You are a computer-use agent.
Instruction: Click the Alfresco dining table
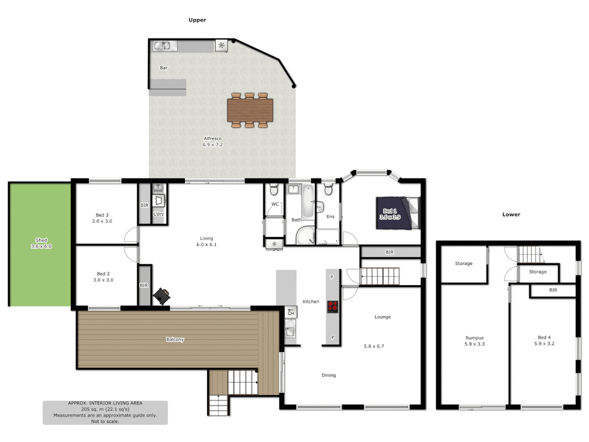[x=250, y=110]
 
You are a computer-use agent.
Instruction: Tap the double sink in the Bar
[x=162, y=46]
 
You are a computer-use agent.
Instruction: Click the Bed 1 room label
[x=390, y=211]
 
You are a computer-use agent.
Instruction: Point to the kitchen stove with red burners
[x=333, y=307]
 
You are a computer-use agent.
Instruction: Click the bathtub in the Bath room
[x=308, y=201]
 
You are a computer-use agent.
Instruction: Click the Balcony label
[x=175, y=339]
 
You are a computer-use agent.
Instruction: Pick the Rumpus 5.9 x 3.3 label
[x=474, y=341]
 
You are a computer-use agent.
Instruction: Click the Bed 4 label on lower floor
[x=544, y=338]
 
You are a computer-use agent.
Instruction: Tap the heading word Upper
[x=197, y=20]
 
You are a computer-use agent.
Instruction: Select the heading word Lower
[x=511, y=214]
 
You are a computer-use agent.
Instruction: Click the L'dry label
[x=158, y=214]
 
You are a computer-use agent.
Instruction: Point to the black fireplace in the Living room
[x=162, y=296]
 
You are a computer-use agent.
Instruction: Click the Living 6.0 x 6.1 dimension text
[x=207, y=245]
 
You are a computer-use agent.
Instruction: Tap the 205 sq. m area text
[x=105, y=409]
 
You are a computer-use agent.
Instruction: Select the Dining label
[x=328, y=375]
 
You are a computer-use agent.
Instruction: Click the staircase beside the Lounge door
[x=380, y=276]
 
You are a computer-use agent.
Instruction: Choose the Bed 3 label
[x=102, y=215]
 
